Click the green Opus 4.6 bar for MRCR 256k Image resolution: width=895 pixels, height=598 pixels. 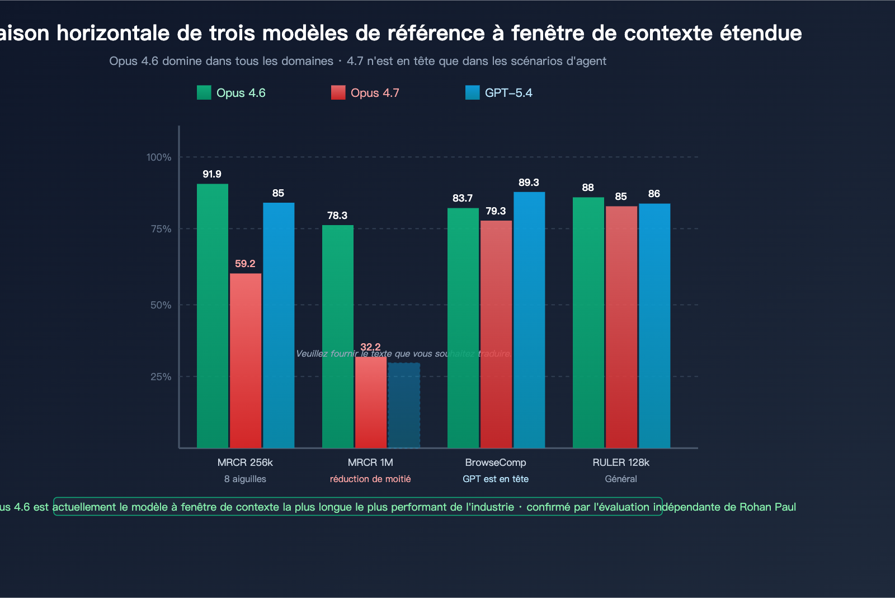(x=212, y=316)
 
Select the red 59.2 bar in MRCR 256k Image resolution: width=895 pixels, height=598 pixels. (x=245, y=361)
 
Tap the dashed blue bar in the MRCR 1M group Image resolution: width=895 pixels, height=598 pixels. (x=404, y=405)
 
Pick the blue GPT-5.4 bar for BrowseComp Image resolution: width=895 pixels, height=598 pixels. (x=529, y=320)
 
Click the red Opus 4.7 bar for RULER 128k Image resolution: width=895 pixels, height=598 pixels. (x=621, y=327)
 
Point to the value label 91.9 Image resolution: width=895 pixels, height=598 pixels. (x=212, y=174)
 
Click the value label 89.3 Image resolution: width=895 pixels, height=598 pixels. (x=529, y=183)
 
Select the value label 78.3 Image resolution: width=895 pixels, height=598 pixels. (x=337, y=216)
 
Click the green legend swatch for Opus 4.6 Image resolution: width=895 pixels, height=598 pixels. (x=204, y=93)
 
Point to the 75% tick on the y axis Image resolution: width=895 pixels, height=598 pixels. (x=161, y=229)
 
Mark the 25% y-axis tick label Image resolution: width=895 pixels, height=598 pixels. (x=161, y=377)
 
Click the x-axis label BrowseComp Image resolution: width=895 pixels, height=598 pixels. (x=496, y=462)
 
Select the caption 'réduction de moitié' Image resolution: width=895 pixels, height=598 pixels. (x=370, y=479)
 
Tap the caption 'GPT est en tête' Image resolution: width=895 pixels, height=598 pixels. (x=496, y=479)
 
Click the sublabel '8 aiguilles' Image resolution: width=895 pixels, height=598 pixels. (x=245, y=479)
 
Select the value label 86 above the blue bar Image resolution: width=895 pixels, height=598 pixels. (x=654, y=194)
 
